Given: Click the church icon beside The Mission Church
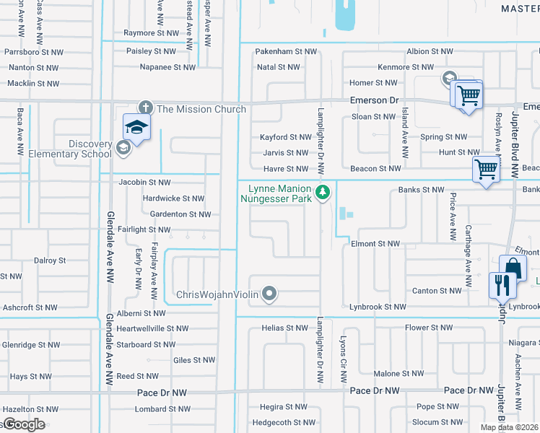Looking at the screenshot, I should [145, 108].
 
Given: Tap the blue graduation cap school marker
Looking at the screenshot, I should [136, 128].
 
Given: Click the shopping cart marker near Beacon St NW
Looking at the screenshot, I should [486, 170].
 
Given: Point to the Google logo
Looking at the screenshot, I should [24, 424].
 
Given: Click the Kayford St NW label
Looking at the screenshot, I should [286, 137].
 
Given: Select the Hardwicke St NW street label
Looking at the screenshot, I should [173, 198].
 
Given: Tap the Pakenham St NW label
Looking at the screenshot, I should [287, 52].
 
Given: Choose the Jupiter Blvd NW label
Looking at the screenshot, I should [515, 145].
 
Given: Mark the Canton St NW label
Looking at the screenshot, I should [437, 291].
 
